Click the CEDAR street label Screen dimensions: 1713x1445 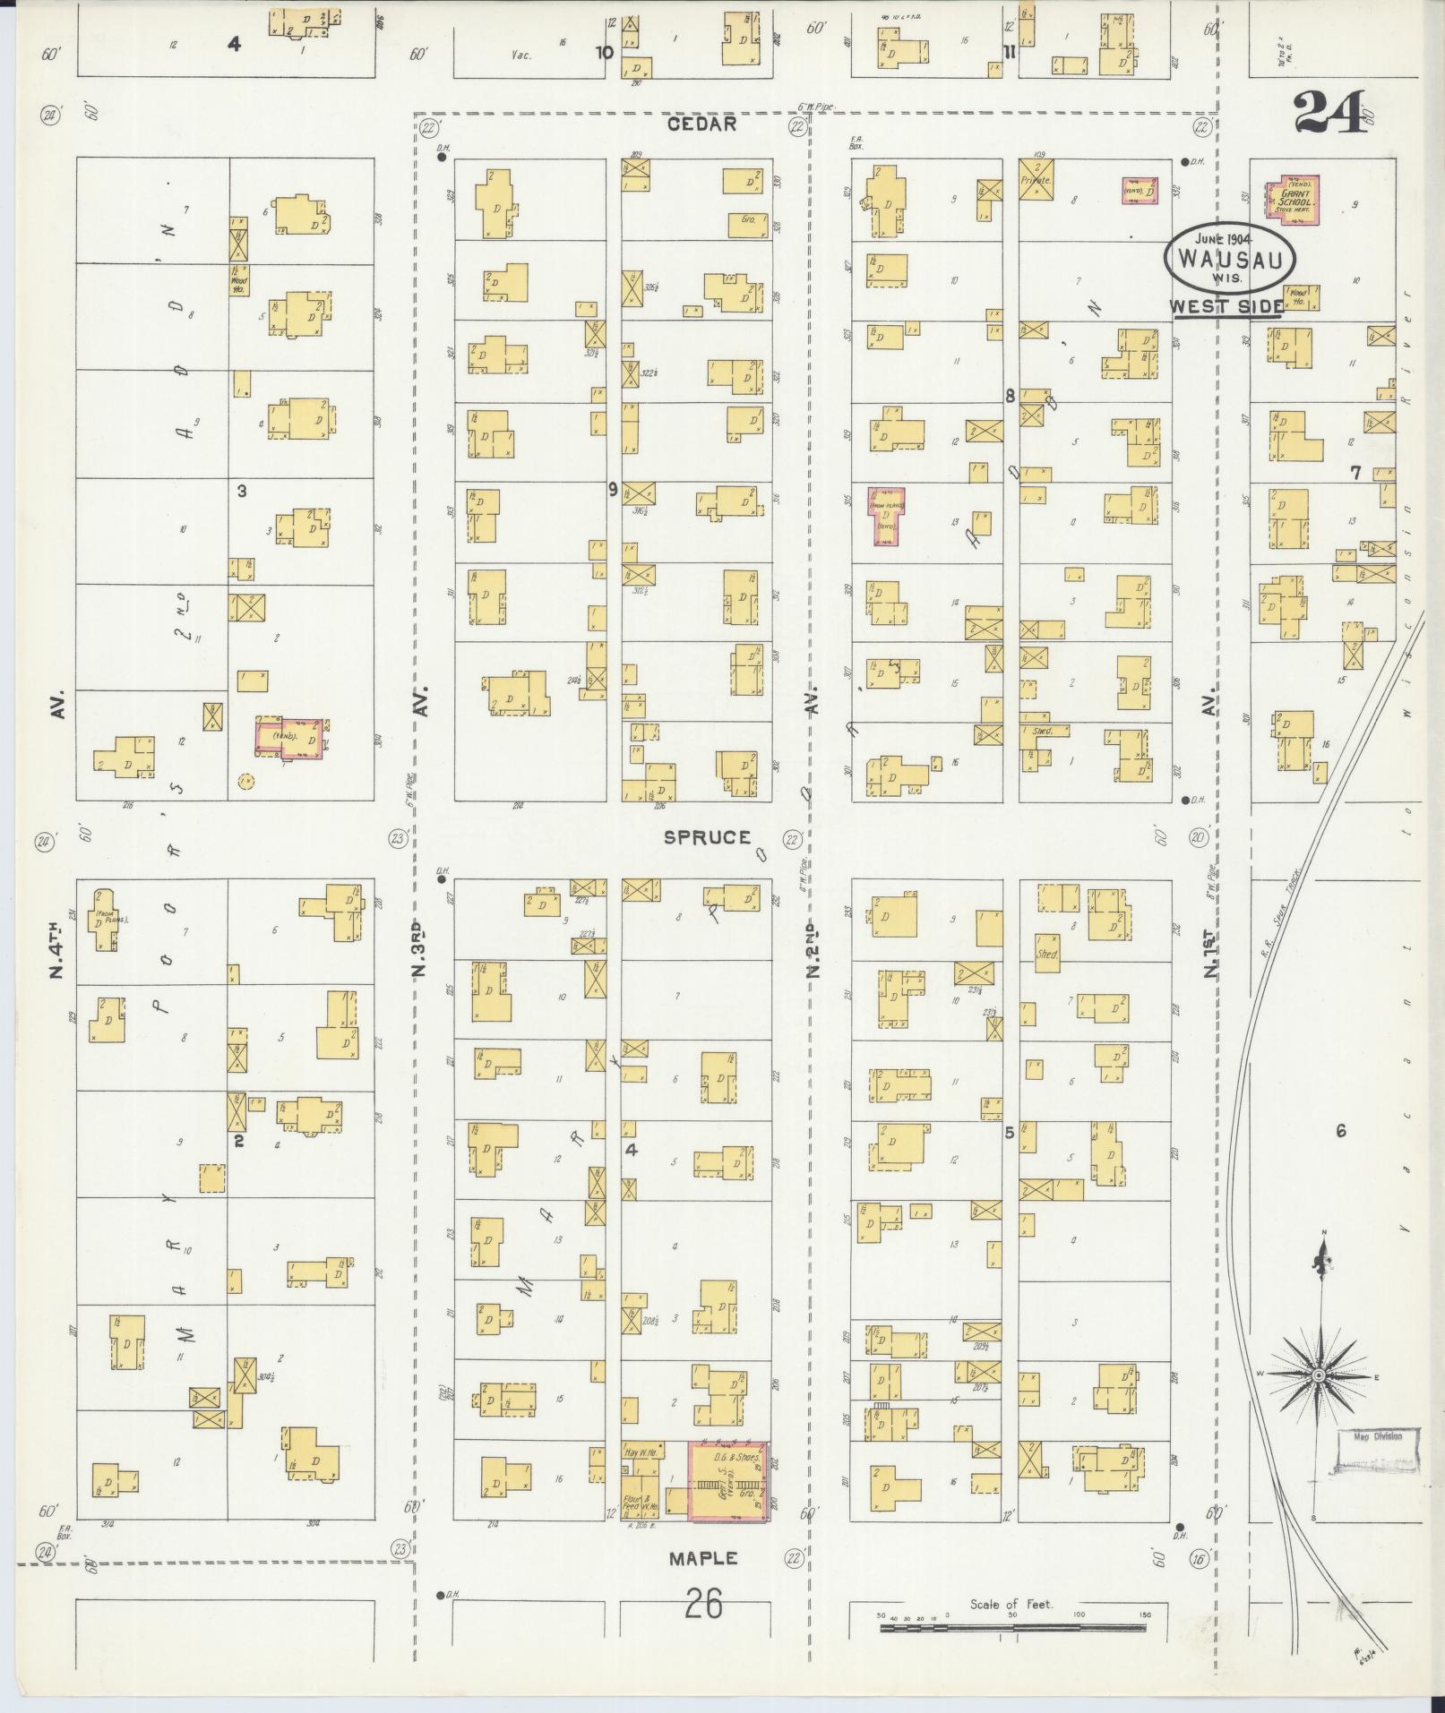pos(701,124)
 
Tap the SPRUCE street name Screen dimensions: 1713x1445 pos(707,837)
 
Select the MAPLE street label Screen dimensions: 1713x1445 pos(703,1559)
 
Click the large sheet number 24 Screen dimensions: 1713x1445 pos(1329,112)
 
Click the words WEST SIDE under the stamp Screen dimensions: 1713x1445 pos(1226,305)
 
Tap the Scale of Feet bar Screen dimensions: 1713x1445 pos(1013,1627)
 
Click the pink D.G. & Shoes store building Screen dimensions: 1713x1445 pos(728,1480)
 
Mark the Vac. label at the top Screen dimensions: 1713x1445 pos(520,55)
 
